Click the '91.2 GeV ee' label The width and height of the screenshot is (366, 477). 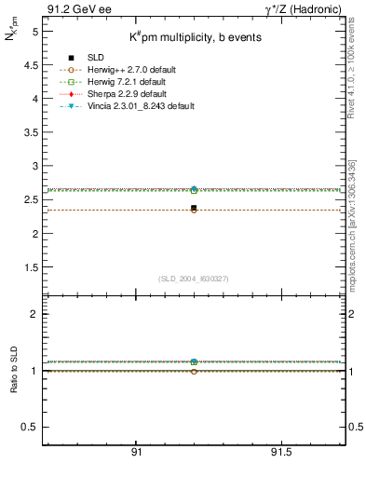coord(74,8)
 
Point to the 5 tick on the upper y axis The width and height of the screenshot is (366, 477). coord(34,31)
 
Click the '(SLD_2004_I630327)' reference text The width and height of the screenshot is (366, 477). coord(193,279)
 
